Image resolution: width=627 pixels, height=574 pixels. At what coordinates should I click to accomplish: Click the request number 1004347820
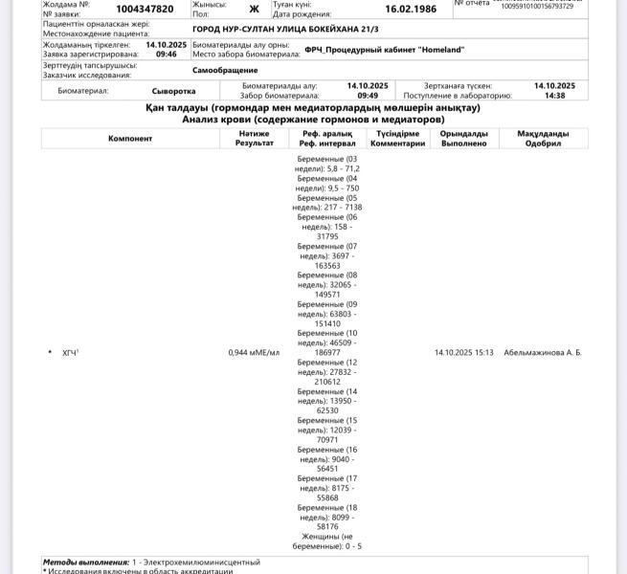tap(145, 10)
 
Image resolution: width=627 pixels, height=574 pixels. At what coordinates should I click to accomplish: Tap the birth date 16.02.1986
tap(411, 10)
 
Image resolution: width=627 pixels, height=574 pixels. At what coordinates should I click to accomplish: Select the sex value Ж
tap(254, 10)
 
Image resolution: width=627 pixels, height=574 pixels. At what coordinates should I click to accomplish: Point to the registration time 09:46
tap(167, 55)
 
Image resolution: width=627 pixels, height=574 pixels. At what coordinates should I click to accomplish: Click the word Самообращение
tap(225, 71)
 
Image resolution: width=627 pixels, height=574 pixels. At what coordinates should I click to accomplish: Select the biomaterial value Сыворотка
tap(173, 92)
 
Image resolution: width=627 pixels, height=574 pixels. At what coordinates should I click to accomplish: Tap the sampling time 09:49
tap(368, 97)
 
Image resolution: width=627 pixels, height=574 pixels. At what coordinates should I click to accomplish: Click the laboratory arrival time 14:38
tap(554, 97)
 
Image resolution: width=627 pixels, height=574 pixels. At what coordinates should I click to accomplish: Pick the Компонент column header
tap(130, 139)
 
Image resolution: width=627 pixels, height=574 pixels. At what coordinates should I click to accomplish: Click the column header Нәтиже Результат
tap(254, 139)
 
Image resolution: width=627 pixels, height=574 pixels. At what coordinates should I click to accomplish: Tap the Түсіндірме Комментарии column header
tap(397, 139)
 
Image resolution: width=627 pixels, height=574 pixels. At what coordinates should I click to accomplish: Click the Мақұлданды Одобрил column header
tap(543, 139)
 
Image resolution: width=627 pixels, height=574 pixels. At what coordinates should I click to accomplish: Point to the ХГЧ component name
tap(70, 353)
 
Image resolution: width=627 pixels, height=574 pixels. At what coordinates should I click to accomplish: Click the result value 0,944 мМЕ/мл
tap(254, 353)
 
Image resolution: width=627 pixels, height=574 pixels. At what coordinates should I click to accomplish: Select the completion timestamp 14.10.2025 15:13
tap(464, 353)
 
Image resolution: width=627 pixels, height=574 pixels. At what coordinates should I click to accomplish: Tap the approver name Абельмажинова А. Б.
tap(543, 353)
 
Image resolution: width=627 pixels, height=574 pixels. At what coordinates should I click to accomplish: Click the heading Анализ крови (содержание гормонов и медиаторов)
tap(313, 121)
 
